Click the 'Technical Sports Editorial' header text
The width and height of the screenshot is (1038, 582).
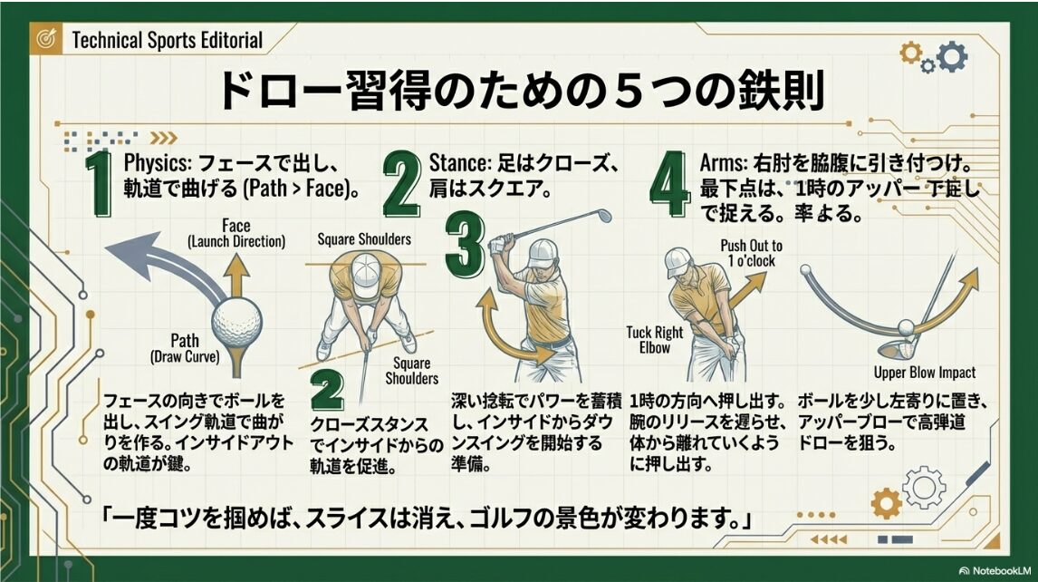pyautogui.click(x=167, y=41)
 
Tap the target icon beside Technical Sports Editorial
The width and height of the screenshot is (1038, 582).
pyautogui.click(x=44, y=40)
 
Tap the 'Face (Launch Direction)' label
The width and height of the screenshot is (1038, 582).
pyautogui.click(x=235, y=233)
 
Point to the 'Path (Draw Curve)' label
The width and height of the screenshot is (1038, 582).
pyautogui.click(x=184, y=349)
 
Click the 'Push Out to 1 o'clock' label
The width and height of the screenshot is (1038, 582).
pyautogui.click(x=751, y=253)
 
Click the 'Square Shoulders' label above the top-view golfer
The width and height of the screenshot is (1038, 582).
pyautogui.click(x=363, y=239)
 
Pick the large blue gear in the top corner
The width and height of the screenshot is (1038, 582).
pyautogui.click(x=951, y=56)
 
